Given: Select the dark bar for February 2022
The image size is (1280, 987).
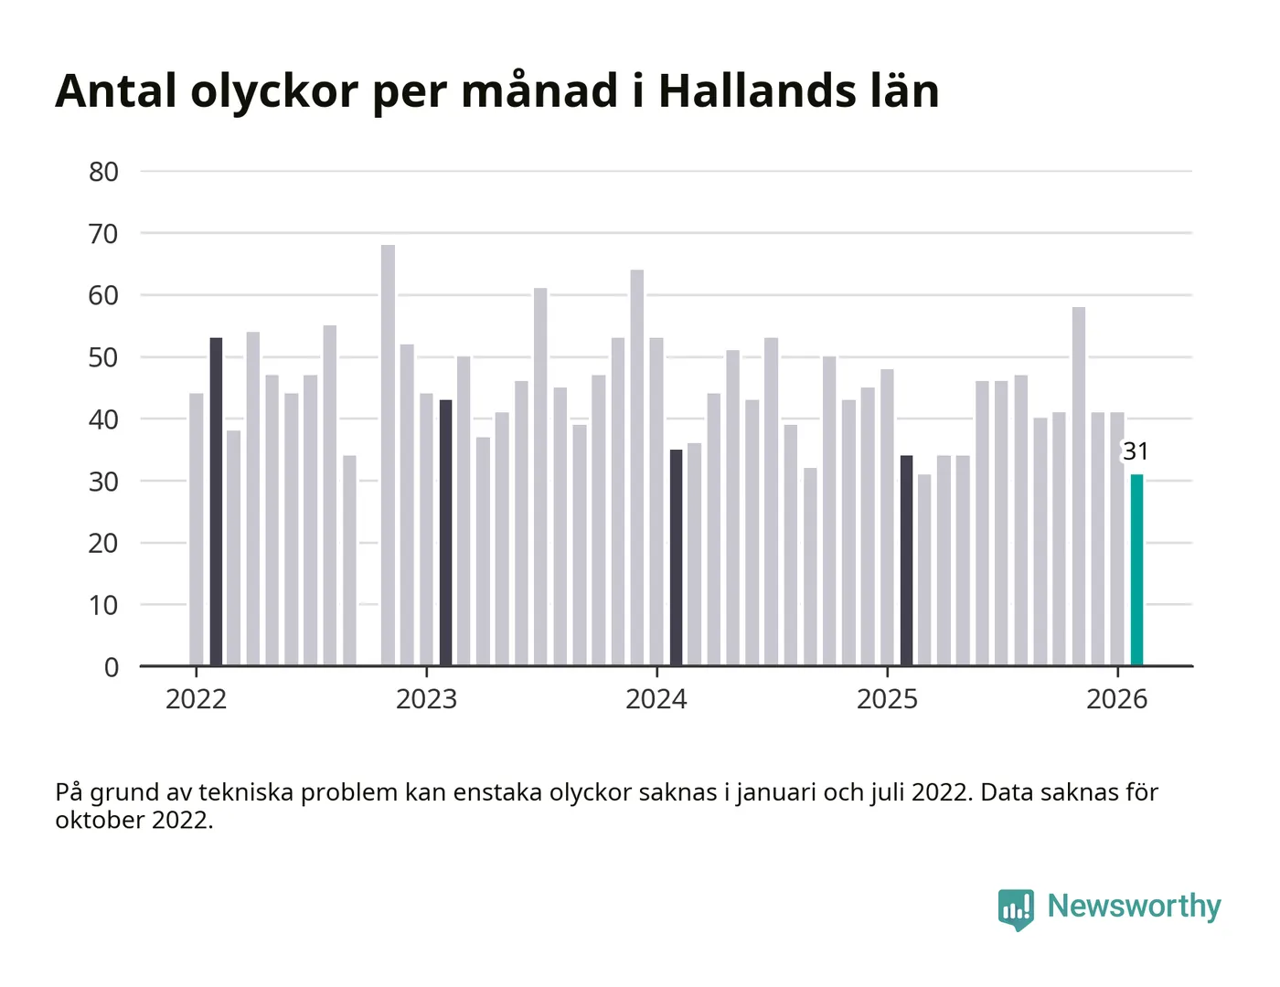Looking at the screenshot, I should point(216,502).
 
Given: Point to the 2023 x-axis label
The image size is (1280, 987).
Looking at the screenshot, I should point(426,699).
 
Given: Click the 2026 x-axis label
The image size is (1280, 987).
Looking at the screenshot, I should point(1116,699).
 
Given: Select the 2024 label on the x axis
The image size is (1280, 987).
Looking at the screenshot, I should point(656,699).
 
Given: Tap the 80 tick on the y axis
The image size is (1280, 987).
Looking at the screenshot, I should point(103,172).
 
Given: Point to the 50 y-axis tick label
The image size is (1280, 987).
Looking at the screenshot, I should point(103,357).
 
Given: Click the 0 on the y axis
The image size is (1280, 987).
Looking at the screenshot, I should point(112,667).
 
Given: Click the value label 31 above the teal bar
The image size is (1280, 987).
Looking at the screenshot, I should point(1136,451).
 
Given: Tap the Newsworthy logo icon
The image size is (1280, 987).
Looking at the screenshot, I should point(1016,908).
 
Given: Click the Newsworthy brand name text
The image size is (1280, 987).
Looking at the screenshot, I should point(1134,906).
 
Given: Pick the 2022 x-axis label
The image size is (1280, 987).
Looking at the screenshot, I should point(196,699).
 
